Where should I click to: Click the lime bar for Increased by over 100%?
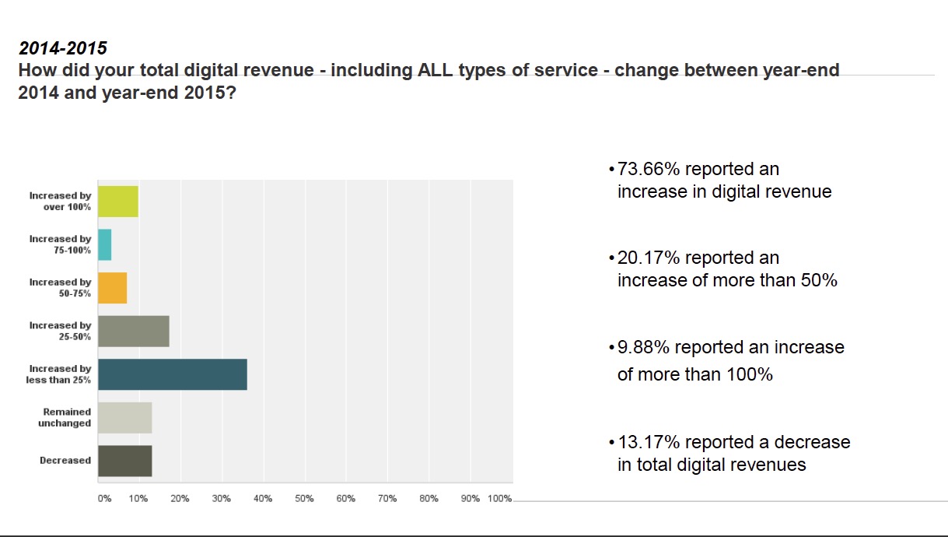coord(118,202)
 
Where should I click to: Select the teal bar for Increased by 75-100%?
coord(105,244)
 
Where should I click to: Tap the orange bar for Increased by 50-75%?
coord(113,288)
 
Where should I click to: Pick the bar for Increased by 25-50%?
coord(134,332)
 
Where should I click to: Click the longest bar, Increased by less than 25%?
coord(173,374)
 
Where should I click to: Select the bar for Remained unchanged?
coord(125,418)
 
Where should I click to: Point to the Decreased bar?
coord(125,461)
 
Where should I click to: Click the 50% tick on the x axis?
coord(304,499)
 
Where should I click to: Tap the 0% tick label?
coord(104,499)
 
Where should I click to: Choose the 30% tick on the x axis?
coord(222,499)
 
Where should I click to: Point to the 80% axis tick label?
coord(429,499)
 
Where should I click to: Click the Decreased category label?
coord(65,461)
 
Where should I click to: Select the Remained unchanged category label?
coord(65,418)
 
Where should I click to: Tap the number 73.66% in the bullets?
coord(649,170)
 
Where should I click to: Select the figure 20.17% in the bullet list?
coord(649,258)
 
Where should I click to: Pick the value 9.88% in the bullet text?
coord(643,347)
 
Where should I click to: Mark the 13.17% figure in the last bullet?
coord(649,443)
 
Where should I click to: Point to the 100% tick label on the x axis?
coord(499,499)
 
